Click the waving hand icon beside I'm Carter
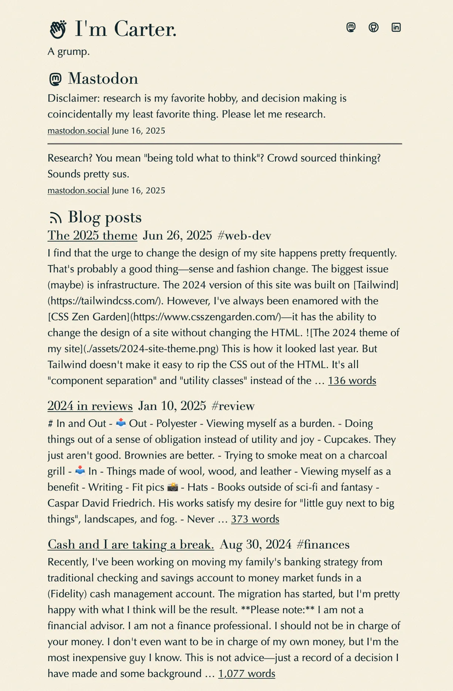click(58, 29)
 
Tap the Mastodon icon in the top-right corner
click(351, 27)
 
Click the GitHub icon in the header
click(373, 27)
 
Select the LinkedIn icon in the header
click(396, 27)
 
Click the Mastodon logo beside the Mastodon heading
click(55, 79)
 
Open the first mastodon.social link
click(78, 131)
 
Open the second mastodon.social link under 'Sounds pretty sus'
click(78, 190)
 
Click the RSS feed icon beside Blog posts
click(55, 218)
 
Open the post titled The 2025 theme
click(92, 235)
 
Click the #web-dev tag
click(244, 235)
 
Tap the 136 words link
click(352, 380)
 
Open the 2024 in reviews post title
click(90, 406)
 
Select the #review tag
click(233, 406)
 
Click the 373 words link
click(255, 519)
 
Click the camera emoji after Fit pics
click(173, 487)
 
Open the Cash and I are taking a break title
click(131, 544)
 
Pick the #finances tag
click(323, 544)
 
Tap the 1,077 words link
click(247, 673)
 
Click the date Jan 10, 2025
click(172, 406)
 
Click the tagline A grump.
click(69, 51)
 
